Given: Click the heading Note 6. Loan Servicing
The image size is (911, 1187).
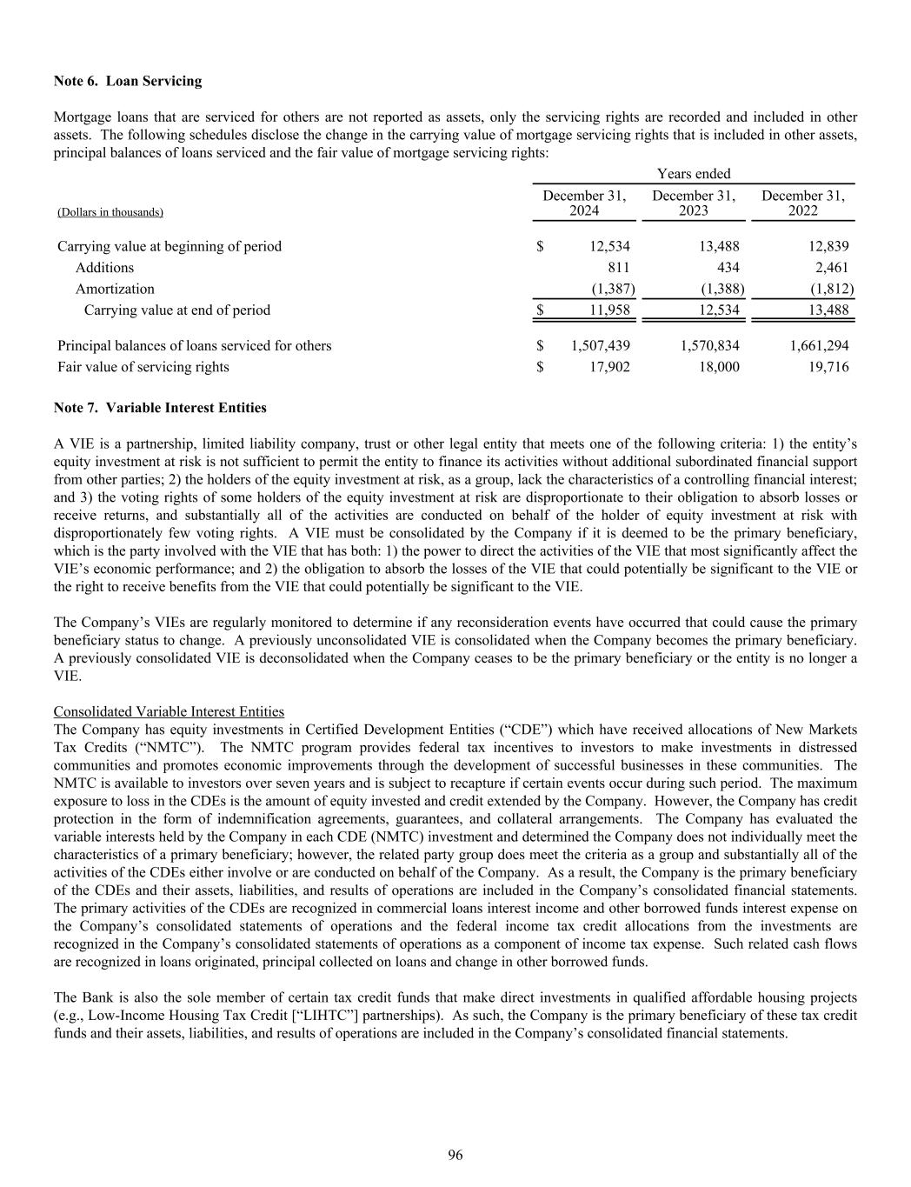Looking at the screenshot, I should (128, 81).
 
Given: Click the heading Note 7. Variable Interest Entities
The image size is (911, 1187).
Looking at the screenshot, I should (160, 407).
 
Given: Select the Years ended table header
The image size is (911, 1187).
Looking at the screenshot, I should (694, 174).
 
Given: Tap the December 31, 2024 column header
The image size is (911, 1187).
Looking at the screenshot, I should (584, 203).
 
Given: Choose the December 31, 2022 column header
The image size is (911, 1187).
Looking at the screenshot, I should (802, 203).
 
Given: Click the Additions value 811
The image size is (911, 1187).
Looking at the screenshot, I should (618, 268).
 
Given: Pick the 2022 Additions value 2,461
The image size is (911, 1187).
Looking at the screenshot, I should (830, 268).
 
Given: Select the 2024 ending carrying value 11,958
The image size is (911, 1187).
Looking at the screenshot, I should (608, 310).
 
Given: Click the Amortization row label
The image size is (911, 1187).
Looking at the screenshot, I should (115, 289).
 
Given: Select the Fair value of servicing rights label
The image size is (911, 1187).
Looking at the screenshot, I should (143, 367).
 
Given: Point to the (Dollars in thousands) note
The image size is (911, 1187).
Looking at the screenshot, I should (110, 212).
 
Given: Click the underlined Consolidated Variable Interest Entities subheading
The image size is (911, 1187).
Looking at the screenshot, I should (169, 711).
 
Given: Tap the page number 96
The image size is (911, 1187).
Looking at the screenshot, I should (455, 1155).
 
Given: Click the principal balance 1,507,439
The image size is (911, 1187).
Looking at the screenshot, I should (601, 345).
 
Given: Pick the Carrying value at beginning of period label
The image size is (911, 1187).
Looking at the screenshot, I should (170, 246).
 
